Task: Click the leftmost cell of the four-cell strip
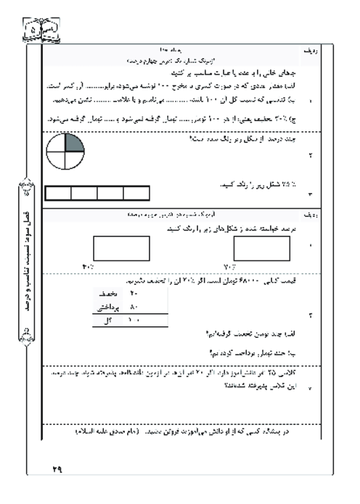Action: (58, 193)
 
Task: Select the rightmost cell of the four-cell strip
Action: (136, 193)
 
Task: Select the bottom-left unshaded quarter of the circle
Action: (57, 160)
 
